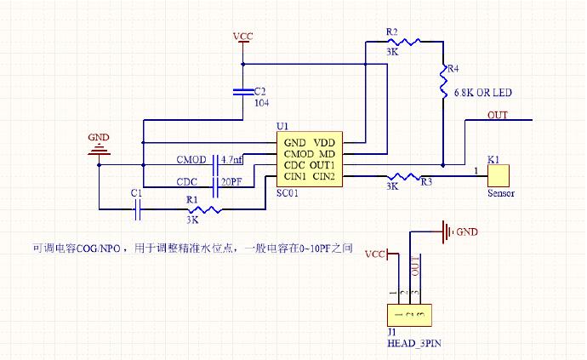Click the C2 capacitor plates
tap(244, 89)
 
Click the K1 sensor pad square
tap(496, 176)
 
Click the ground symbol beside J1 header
tap(443, 230)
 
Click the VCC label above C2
tap(243, 37)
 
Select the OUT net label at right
tap(499, 115)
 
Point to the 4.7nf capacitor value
tap(231, 159)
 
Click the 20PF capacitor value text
tap(231, 181)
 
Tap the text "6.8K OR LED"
tap(482, 92)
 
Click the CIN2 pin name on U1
tap(325, 176)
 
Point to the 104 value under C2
tap(263, 102)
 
